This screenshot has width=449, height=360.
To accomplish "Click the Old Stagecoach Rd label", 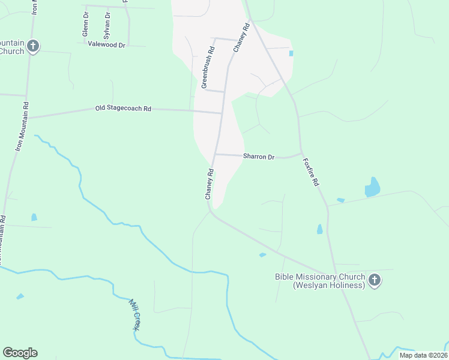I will click(123, 109).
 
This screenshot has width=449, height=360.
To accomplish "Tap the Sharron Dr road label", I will click(259, 157).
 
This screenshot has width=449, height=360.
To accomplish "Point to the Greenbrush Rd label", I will click(208, 68).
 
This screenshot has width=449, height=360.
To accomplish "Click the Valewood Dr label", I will click(106, 44).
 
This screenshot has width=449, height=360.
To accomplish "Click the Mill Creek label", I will click(135, 314).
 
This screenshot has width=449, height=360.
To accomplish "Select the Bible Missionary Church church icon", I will click(375, 280).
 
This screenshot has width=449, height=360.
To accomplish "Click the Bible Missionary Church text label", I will click(320, 281).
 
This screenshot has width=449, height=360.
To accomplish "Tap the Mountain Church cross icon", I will click(33, 46).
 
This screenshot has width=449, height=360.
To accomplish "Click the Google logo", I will click(20, 353).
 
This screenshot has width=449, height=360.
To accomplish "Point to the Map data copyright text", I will click(423, 355).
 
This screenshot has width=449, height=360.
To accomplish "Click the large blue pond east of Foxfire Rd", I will click(373, 188).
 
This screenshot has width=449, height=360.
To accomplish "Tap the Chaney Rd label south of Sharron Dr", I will click(209, 184).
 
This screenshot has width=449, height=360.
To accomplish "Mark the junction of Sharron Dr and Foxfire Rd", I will click(301, 154).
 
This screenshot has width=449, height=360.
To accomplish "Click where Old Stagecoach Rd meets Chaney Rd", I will click(221, 112).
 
